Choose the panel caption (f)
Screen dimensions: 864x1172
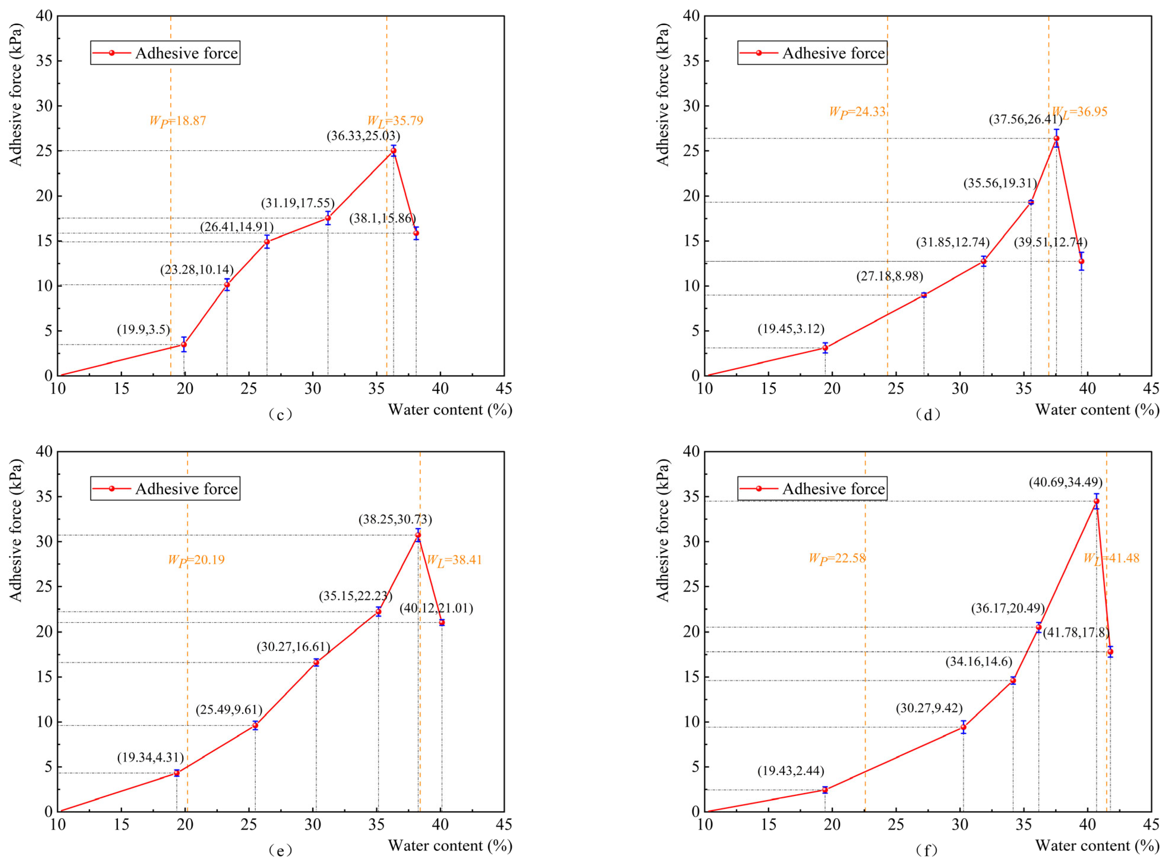928,851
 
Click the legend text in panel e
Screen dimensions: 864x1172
187,489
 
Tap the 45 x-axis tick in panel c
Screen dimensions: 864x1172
504,389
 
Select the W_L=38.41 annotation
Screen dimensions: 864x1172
454,560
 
